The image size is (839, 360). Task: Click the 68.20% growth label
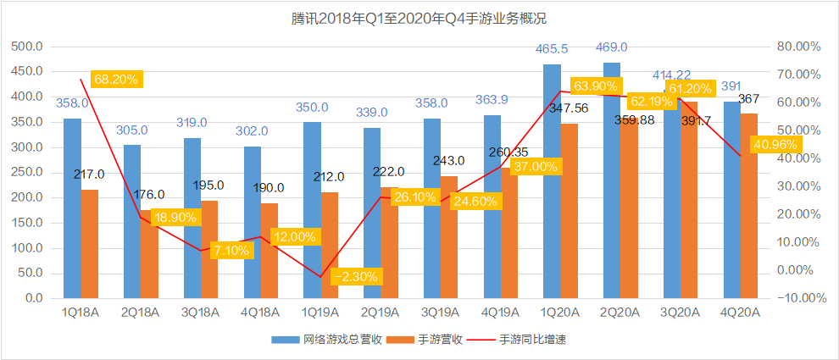tap(117, 79)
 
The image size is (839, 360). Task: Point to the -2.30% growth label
tap(356, 276)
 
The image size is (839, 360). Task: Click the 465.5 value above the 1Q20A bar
tap(551, 50)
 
